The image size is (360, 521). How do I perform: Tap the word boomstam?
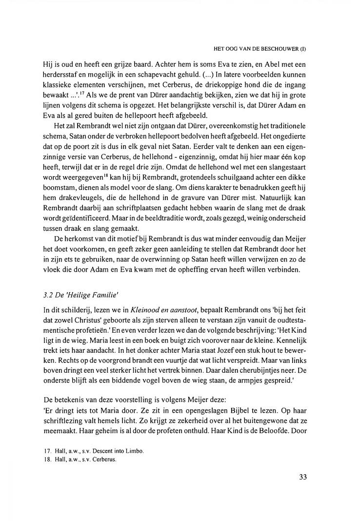(61, 199)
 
